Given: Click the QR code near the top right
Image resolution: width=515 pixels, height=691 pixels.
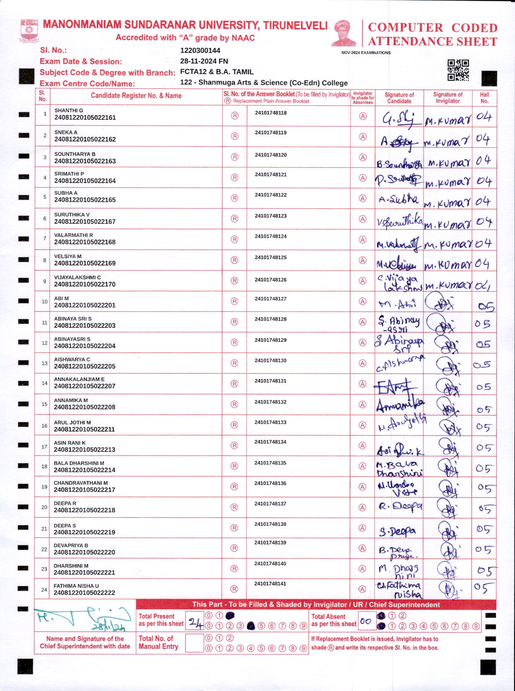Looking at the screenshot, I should (x=458, y=70).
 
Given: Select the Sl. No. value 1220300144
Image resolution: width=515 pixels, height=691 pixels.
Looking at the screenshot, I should (x=200, y=51).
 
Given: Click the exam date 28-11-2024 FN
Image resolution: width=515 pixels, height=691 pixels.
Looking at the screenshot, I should (x=204, y=61).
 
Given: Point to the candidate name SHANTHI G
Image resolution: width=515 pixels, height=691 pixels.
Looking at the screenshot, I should (x=69, y=110).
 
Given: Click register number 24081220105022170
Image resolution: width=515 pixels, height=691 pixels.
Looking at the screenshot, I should (x=85, y=284).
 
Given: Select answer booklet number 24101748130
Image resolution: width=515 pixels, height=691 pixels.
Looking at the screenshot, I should (x=270, y=361).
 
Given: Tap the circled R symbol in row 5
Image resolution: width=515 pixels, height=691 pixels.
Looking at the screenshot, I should (x=235, y=198).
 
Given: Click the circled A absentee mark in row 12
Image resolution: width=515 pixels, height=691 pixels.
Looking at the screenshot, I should (x=363, y=343).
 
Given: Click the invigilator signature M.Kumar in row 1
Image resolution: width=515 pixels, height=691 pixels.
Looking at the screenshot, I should (x=448, y=121).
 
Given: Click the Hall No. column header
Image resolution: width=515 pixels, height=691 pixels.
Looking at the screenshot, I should (x=484, y=98).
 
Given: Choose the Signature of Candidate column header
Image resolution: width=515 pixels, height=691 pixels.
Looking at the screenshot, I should (x=399, y=98).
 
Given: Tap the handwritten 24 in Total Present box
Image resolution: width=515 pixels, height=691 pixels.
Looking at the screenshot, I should (x=195, y=623).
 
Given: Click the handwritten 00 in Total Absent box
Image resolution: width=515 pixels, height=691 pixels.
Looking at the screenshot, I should (x=366, y=622).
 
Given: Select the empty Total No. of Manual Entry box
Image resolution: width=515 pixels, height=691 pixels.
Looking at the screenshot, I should (x=194, y=643).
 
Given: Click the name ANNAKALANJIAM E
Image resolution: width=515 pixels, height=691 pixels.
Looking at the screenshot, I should (x=79, y=379).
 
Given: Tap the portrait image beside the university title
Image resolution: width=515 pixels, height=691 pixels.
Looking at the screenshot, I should (x=344, y=32).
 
